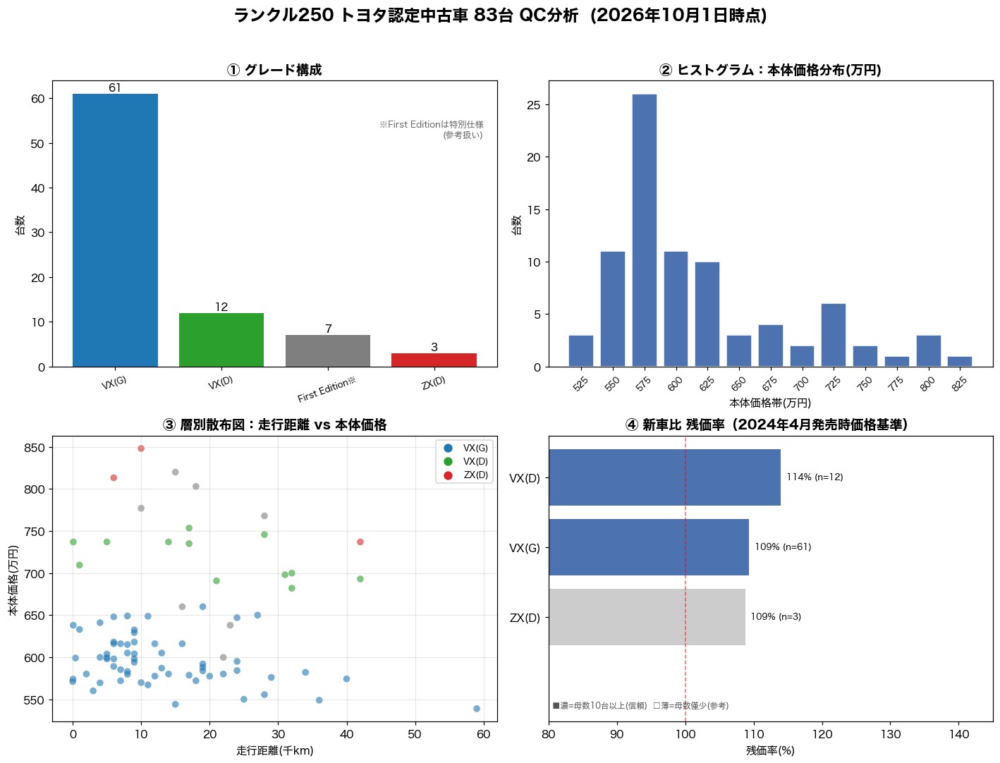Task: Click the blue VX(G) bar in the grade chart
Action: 115,230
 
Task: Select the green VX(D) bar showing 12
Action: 221,340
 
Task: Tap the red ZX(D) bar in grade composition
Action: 434,360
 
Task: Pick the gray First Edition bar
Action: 327,350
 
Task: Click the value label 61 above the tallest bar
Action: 115,87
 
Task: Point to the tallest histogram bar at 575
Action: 644,230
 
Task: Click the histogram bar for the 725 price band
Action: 834,335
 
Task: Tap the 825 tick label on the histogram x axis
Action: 959,384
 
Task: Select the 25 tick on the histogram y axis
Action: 533,105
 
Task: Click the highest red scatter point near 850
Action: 141,448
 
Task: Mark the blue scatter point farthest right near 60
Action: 477,709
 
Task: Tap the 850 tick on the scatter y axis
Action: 34,448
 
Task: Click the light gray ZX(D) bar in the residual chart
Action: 647,617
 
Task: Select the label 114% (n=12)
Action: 815,477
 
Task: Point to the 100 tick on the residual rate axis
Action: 685,734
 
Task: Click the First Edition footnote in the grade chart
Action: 432,129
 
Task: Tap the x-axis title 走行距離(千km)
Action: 275,751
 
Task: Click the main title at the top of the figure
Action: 500,16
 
